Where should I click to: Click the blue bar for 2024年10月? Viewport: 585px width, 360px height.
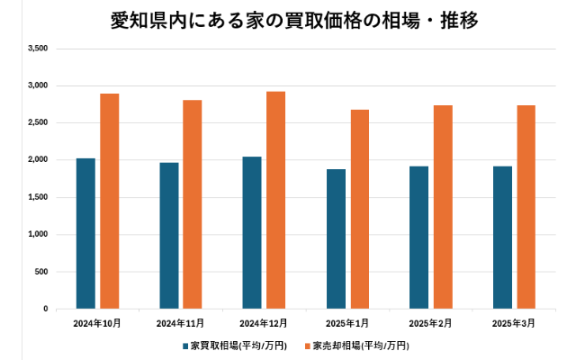pyautogui.click(x=85, y=234)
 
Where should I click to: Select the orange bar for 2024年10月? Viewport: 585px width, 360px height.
pyautogui.click(x=110, y=202)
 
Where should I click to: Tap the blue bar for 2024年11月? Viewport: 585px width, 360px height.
pyautogui.click(x=169, y=236)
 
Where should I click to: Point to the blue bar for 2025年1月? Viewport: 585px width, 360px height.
pyautogui.click(x=336, y=239)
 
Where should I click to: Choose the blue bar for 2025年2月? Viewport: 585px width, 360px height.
pyautogui.click(x=418, y=238)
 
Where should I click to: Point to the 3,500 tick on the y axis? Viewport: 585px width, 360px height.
pyautogui.click(x=38, y=49)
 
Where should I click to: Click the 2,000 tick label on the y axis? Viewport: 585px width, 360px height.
pyautogui.click(x=38, y=160)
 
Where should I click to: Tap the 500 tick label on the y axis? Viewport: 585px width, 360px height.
pyautogui.click(x=41, y=272)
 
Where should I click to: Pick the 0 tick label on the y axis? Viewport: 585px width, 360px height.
pyautogui.click(x=45, y=309)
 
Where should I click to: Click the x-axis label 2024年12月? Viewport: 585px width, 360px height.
pyautogui.click(x=265, y=322)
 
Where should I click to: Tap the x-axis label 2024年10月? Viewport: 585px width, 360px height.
pyautogui.click(x=97, y=322)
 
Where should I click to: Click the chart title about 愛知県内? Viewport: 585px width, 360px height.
pyautogui.click(x=292, y=20)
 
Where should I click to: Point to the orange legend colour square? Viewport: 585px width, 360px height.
pyautogui.click(x=306, y=346)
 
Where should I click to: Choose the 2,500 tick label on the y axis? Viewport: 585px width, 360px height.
pyautogui.click(x=38, y=122)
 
